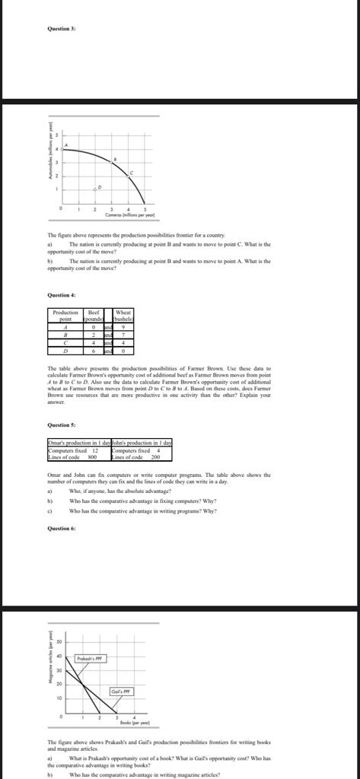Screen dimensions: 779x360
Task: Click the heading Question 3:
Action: [60, 28]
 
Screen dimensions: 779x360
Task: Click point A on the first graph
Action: [65, 145]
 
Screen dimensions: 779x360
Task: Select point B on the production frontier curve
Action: [114, 160]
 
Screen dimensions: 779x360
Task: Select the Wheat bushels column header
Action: [123, 316]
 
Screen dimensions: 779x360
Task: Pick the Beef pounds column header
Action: [94, 316]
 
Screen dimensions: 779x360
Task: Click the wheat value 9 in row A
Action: [123, 326]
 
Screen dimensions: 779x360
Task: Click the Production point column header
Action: [65, 316]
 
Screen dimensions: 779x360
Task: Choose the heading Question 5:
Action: [60, 424]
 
